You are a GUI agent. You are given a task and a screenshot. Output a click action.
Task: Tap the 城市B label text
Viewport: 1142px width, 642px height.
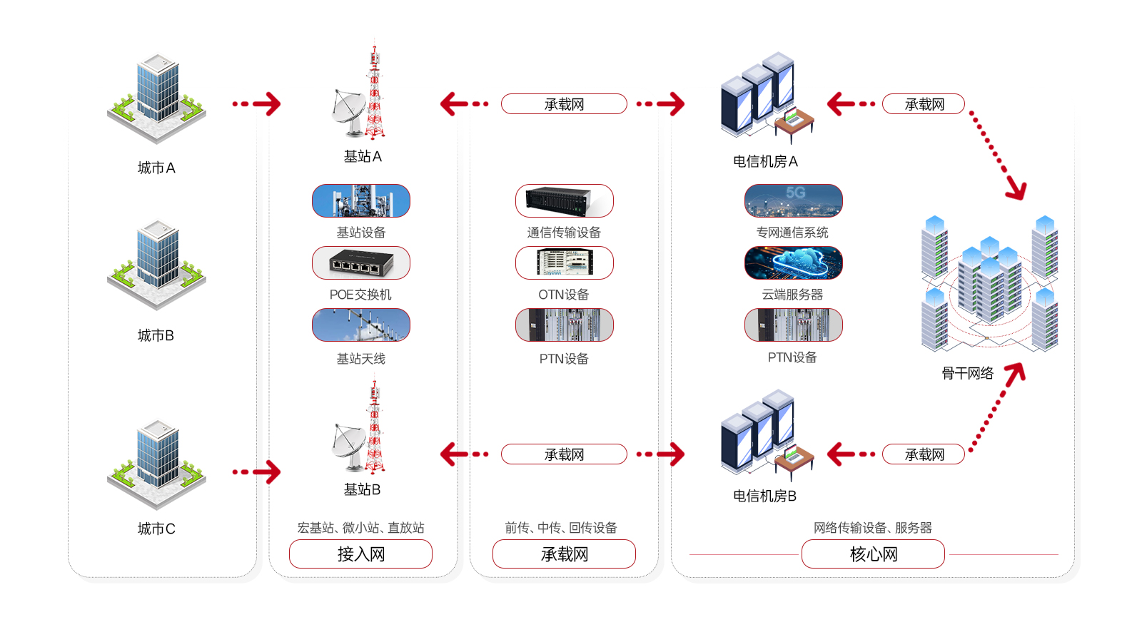click(x=156, y=335)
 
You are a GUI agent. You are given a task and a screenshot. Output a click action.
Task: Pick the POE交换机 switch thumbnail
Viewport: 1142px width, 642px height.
click(x=361, y=263)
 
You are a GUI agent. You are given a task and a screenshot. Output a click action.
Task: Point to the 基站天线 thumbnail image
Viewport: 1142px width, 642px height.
click(x=361, y=325)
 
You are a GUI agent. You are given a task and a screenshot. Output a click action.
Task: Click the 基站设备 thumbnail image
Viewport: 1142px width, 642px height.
click(x=361, y=201)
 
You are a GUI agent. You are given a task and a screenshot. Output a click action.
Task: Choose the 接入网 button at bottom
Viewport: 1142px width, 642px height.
click(x=360, y=554)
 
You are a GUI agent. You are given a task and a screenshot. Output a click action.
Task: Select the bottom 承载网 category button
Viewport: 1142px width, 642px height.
click(x=564, y=554)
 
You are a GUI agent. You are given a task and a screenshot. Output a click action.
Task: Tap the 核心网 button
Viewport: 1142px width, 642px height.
click(x=873, y=554)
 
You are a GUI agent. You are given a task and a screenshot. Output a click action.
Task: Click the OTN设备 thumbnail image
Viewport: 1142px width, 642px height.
click(x=564, y=263)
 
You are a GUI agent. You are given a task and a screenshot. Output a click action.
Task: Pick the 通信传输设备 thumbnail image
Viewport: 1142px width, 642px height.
click(x=564, y=201)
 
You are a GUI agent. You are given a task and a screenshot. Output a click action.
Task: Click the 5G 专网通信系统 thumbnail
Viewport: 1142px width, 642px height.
click(x=793, y=201)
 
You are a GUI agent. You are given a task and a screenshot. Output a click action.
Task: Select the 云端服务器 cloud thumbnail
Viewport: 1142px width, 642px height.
click(x=793, y=263)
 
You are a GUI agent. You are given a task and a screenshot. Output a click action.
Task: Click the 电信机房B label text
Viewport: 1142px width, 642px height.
click(x=764, y=496)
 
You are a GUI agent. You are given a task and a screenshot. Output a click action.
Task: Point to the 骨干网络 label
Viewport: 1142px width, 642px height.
click(x=967, y=373)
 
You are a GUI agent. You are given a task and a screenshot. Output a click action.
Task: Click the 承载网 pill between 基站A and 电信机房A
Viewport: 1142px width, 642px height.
click(x=564, y=104)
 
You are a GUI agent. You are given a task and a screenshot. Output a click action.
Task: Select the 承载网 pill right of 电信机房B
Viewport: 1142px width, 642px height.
click(x=924, y=454)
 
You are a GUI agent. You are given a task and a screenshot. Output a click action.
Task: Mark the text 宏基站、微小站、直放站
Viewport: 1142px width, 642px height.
click(x=360, y=528)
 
